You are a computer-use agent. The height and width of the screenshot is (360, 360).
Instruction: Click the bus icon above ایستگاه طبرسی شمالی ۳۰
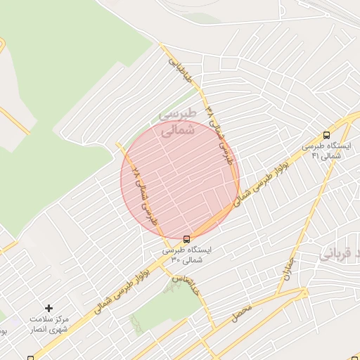(186, 239)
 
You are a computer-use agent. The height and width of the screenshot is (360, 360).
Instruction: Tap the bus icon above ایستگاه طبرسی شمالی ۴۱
(326, 135)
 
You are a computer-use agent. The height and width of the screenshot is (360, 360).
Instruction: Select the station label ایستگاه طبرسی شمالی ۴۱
(326, 150)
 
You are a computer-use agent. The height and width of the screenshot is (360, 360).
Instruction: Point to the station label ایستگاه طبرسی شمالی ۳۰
(186, 255)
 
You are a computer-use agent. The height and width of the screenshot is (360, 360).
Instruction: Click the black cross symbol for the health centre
(49, 308)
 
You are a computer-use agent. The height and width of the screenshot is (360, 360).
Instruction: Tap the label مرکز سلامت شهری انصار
(49, 324)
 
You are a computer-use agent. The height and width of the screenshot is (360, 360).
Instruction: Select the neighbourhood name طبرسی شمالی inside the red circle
(175, 122)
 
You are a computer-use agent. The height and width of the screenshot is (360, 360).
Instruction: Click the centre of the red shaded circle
(180, 179)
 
